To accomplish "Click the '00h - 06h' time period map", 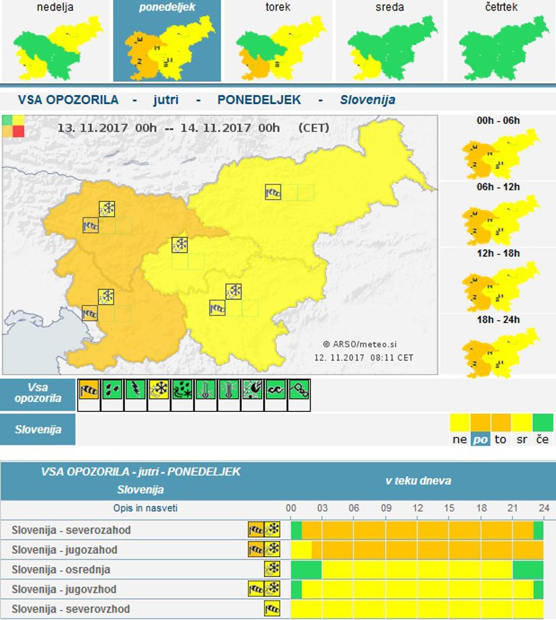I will pos(499,154).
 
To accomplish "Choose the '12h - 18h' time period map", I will pos(499,286).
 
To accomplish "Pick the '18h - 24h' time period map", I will pos(499,352).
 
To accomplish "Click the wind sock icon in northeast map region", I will pos(273,192).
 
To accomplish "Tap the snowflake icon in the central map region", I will pos(179,245).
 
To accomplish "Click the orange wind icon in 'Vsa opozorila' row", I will pos(89,389).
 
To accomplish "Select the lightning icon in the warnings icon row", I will pos(135,389).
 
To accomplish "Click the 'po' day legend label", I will pos(480,439).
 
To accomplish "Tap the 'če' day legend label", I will pos(542,439).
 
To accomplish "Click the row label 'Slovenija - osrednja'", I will pos(61,570).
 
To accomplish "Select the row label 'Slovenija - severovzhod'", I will pos(70,609).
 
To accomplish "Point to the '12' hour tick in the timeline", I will pos(418,508).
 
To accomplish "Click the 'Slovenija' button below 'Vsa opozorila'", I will pos(38,430).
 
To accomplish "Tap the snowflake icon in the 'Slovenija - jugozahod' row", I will pos(273,550).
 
